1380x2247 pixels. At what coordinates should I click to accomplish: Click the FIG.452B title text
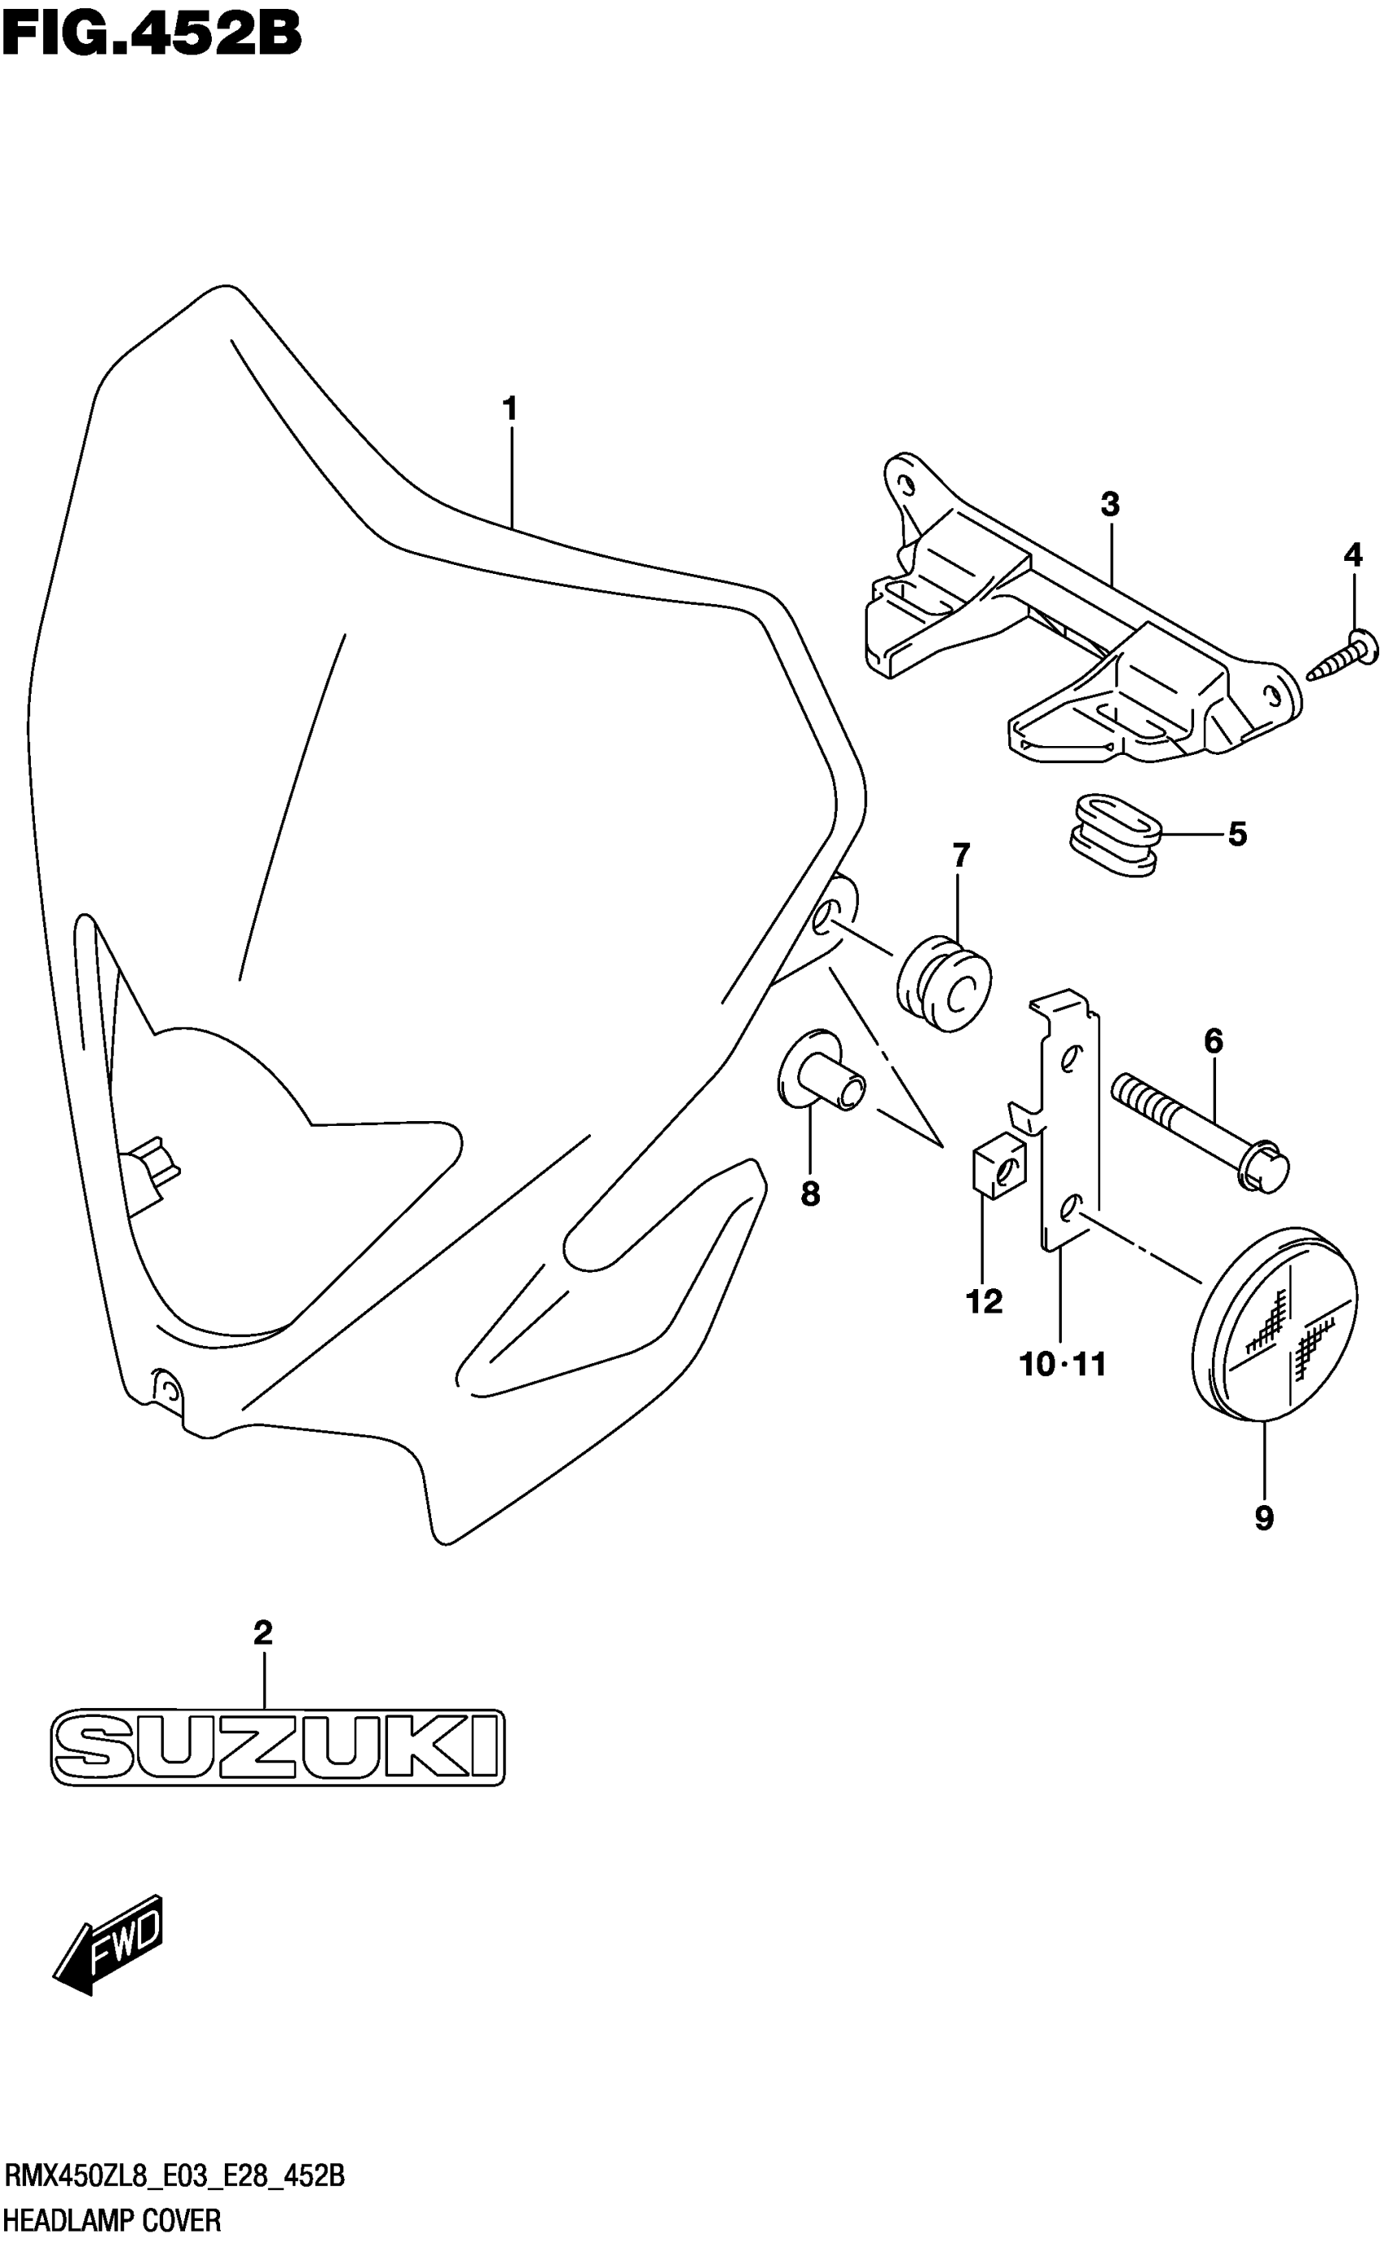pos(152,37)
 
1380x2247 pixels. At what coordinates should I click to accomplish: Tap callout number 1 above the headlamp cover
pos(511,409)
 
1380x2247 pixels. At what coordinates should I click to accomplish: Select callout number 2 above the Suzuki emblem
pos(263,1632)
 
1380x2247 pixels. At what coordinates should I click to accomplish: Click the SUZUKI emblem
pos(278,1747)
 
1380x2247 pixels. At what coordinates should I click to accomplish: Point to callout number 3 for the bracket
pos(1110,504)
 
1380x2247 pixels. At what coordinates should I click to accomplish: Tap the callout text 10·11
pos(1063,1365)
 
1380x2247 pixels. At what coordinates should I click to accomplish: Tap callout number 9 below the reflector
pos(1264,1518)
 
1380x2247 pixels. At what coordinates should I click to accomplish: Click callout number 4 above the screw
pos(1352,554)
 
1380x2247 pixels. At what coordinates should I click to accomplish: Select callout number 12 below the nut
pos(984,1300)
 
